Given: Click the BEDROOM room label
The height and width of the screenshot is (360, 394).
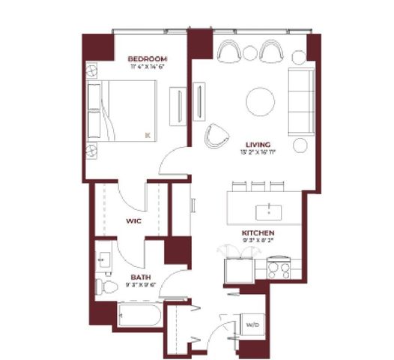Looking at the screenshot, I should tap(146, 58).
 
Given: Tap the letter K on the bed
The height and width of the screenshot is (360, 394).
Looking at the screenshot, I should tap(148, 135).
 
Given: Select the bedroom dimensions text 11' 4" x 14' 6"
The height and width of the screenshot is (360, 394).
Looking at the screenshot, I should tap(146, 67).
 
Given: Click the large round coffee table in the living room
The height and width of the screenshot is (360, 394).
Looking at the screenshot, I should tap(261, 100).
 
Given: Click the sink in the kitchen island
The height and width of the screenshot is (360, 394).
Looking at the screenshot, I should tap(264, 208).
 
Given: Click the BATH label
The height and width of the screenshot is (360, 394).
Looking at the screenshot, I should tap(109, 277).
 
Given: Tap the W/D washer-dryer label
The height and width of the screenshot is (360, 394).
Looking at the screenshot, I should tap(252, 324).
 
